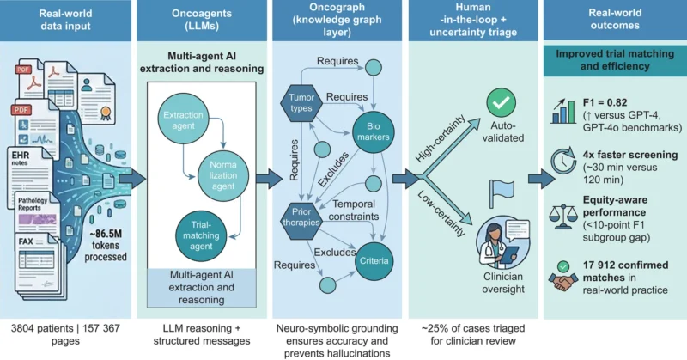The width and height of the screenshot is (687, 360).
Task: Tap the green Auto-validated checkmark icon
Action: (x=499, y=104)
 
